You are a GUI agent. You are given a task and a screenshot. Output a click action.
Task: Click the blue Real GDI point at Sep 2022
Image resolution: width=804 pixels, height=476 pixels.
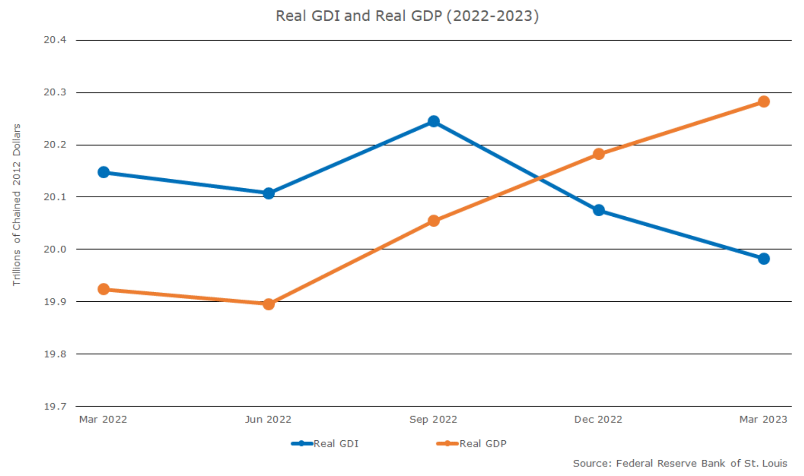point(433,121)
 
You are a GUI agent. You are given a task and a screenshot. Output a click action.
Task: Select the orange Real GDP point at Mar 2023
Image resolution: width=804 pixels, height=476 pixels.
point(763,101)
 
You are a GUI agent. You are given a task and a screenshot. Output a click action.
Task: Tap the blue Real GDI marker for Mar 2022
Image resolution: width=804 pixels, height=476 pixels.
point(103,172)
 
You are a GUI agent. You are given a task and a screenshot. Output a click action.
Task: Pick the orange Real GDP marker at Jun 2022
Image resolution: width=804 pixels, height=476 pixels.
point(268,304)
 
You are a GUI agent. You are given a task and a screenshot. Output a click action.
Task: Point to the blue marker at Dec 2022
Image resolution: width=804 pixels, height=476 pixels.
point(598,210)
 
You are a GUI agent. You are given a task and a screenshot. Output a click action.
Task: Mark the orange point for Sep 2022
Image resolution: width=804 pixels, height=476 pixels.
point(433,221)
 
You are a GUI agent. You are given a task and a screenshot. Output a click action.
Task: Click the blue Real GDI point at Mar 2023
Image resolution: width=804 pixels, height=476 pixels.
point(763,259)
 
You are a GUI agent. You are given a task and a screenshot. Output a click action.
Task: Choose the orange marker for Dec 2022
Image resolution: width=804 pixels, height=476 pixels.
point(598,154)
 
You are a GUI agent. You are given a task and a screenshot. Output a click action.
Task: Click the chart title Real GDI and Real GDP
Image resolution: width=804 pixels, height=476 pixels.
point(407,16)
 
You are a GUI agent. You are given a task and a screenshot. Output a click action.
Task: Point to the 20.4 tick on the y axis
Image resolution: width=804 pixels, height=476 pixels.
point(55,40)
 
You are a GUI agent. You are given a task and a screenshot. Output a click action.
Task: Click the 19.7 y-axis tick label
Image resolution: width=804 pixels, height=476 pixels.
point(55,406)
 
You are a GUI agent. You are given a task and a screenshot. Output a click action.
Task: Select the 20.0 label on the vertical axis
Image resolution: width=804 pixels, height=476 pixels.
point(55,249)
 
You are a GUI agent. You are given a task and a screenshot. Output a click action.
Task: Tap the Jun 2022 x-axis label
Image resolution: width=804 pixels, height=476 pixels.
point(268,419)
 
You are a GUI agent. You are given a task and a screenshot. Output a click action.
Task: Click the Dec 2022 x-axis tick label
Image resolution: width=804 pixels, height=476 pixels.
point(598,419)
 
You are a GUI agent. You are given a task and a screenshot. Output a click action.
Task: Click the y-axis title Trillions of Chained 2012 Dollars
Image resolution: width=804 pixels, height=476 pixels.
point(16,205)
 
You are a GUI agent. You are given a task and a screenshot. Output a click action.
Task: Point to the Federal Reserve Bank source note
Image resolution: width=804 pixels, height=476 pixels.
point(679,463)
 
